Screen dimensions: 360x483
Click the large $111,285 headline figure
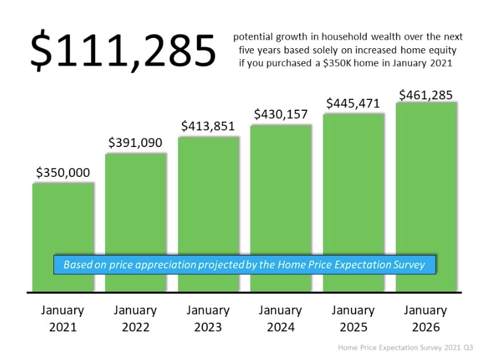pyautogui.click(x=123, y=51)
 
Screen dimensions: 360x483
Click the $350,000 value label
pyautogui.click(x=63, y=172)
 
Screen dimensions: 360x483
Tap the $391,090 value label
pyautogui.click(x=136, y=142)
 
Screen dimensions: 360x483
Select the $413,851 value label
pyautogui.click(x=208, y=126)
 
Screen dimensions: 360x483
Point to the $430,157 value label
pyautogui.click(x=281, y=114)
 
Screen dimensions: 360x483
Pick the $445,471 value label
pyautogui.click(x=353, y=103)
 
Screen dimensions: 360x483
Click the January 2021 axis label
pyautogui.click(x=63, y=319)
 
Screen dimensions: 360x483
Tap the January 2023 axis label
pyautogui.click(x=208, y=319)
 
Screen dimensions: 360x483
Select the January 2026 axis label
pyautogui.click(x=426, y=319)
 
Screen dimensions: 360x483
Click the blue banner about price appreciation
pyautogui.click(x=245, y=265)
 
